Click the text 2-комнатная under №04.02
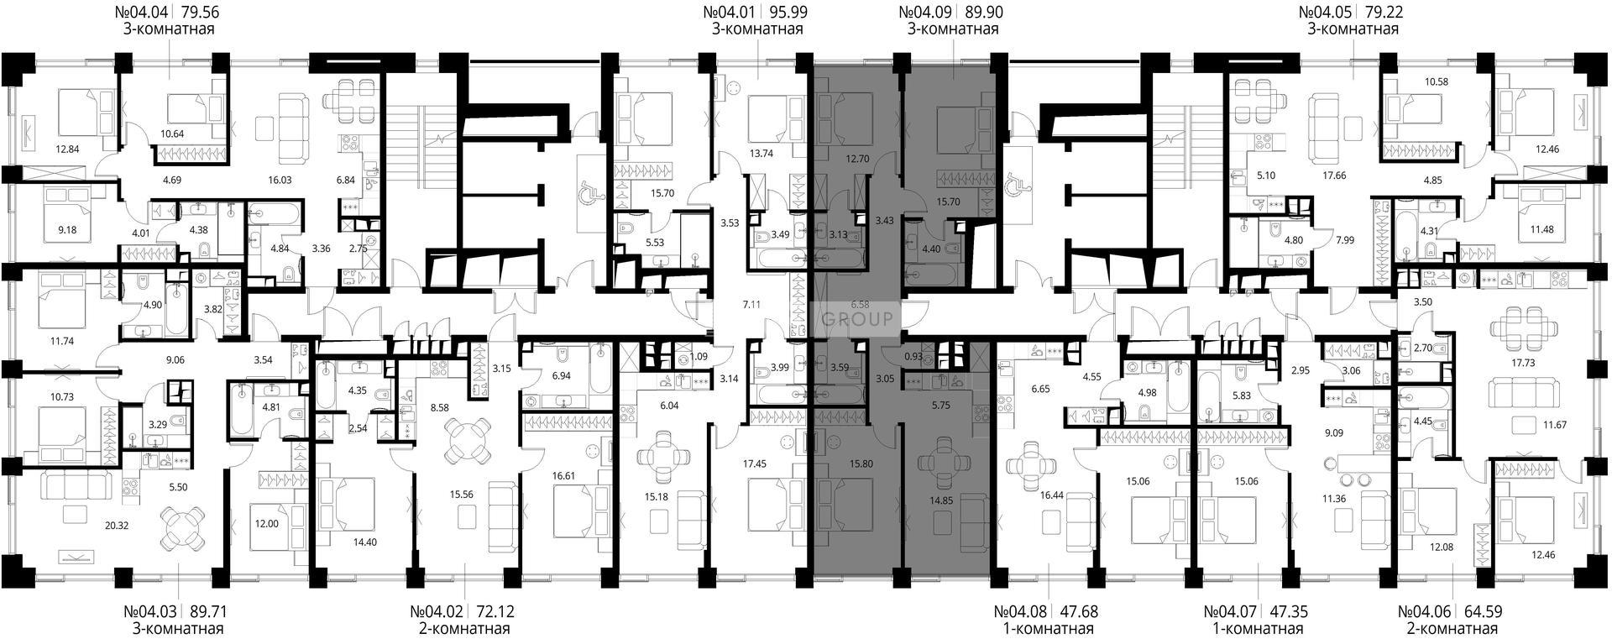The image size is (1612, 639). click(x=460, y=629)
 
